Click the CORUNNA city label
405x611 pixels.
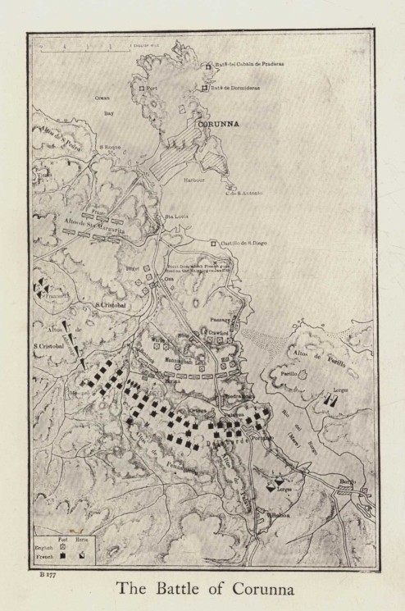click(x=216, y=125)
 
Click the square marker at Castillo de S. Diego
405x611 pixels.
click(x=213, y=244)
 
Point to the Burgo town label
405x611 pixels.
click(x=347, y=481)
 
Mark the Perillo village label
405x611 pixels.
click(x=289, y=372)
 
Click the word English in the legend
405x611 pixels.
click(x=45, y=545)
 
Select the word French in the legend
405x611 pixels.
click(x=45, y=555)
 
